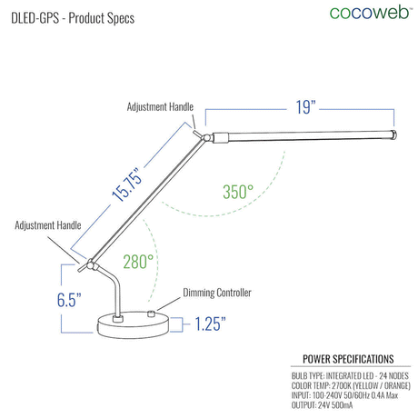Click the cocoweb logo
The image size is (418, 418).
pos(370,13)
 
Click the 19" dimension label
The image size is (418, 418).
pos(305,107)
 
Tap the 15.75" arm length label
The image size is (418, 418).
pos(127,184)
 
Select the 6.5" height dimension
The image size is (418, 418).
pos(69,300)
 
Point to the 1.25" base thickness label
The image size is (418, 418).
pos(210,323)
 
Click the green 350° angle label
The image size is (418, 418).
pos(238,192)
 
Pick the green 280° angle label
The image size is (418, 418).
pos(138,262)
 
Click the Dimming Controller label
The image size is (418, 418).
pos(217,293)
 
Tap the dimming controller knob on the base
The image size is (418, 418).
pos(151,313)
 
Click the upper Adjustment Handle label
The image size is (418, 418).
pos(160,107)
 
